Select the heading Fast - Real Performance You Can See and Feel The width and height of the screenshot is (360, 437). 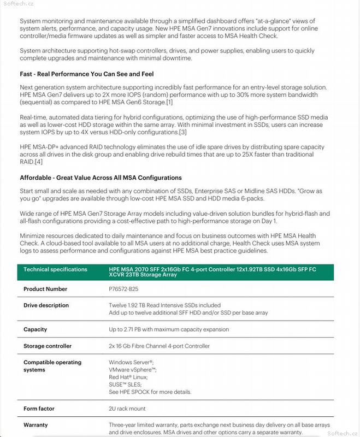click(x=87, y=74)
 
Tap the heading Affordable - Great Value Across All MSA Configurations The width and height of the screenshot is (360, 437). click(x=101, y=178)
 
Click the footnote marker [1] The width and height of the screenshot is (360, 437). click(x=169, y=102)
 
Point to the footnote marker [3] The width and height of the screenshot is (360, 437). click(x=183, y=132)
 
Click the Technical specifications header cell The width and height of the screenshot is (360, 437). click(x=55, y=269)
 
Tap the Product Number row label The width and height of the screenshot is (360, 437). click(x=45, y=289)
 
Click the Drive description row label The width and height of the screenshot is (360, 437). click(x=46, y=305)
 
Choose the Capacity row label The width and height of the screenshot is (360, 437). click(x=35, y=329)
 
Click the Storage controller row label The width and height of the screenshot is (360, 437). click(x=48, y=346)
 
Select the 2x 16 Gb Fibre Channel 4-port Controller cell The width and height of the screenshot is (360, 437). click(x=159, y=346)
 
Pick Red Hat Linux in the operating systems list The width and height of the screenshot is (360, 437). click(x=128, y=377)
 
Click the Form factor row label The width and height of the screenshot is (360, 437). click(x=39, y=409)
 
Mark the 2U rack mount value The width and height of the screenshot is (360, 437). click(x=127, y=409)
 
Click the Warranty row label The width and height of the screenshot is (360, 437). click(x=36, y=424)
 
